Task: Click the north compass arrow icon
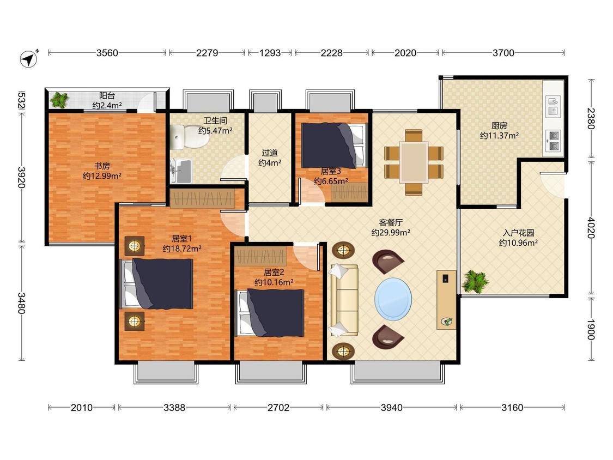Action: (29, 58)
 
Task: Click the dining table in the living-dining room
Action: (414, 162)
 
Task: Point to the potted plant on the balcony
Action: (60, 100)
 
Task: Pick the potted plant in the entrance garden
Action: (475, 281)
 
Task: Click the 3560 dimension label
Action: (107, 53)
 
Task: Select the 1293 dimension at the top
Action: (270, 53)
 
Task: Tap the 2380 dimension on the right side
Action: (591, 118)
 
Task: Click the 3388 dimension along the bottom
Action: (174, 408)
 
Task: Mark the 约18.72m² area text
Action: (182, 249)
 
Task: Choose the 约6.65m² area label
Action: (331, 181)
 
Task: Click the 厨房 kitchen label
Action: (499, 125)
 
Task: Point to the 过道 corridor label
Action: (270, 153)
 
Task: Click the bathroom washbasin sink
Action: (181, 171)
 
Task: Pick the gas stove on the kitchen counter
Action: (554, 141)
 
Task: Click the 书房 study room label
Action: (102, 166)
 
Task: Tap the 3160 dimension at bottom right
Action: (512, 408)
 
